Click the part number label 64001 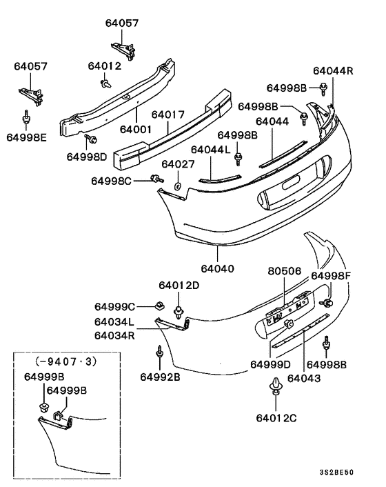pos(136,129)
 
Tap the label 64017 pos(168,115)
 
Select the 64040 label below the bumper pos(218,268)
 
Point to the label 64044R pos(333,71)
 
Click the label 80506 pos(285,271)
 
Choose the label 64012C pos(276,418)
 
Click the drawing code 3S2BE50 pos(336,473)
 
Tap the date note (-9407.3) pos(66,361)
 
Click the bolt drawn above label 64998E pos(26,117)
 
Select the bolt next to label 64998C pos(157,179)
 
